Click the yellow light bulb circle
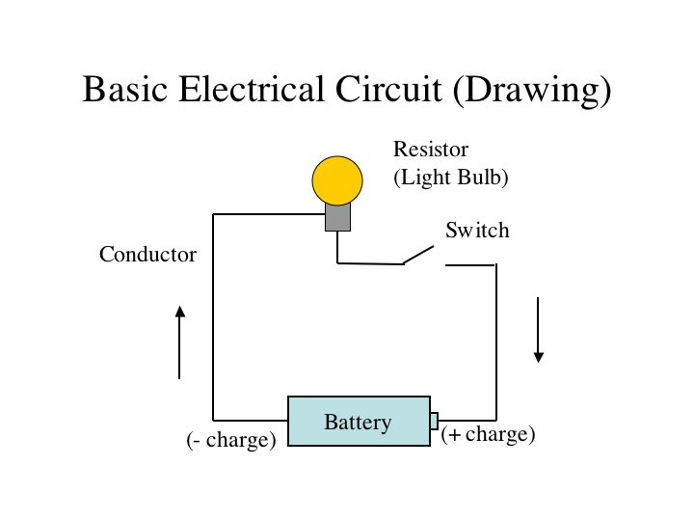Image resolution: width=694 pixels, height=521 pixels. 337,180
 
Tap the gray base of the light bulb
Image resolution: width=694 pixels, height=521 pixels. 337,217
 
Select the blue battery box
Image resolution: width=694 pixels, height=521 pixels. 359,421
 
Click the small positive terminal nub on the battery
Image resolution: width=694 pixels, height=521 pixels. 434,421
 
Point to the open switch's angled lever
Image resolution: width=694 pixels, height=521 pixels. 417,255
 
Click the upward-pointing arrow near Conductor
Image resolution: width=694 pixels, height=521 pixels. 179,342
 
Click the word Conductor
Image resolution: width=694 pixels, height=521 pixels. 147,255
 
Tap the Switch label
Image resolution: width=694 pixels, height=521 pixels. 476,231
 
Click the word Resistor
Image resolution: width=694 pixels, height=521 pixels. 431,150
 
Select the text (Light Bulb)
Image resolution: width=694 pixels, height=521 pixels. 450,178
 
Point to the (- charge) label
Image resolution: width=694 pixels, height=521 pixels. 231,440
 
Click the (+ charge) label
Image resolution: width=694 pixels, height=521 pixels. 488,434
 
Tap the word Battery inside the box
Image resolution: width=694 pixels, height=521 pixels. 358,422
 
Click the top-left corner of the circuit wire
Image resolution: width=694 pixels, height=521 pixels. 213,214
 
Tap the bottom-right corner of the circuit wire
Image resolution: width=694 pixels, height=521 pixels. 495,421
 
